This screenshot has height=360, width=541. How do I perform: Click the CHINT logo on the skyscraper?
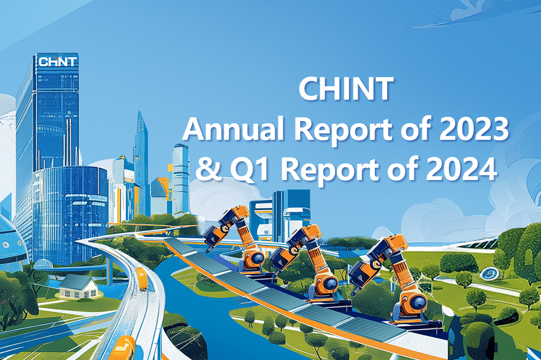tap(57, 61)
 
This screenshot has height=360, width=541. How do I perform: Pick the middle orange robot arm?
tap(306, 262)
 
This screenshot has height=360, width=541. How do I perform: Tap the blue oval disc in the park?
tap(489, 274)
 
